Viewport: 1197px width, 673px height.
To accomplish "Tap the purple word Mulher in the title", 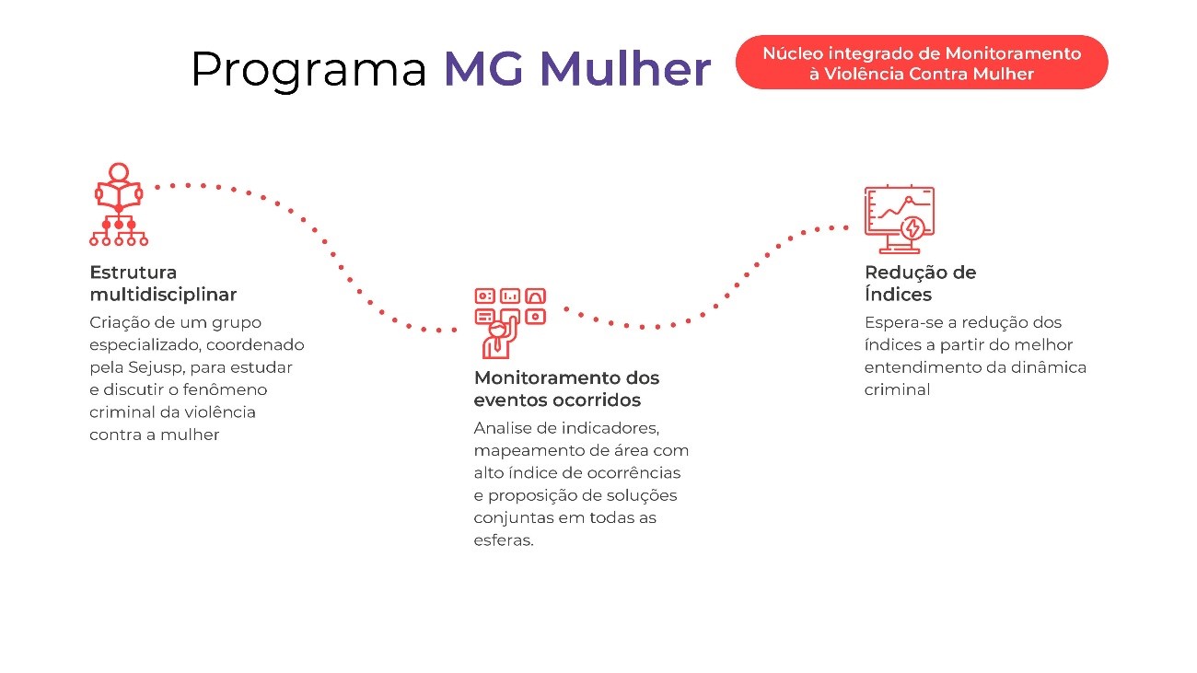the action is (625, 68).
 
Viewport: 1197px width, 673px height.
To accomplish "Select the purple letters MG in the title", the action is (483, 68).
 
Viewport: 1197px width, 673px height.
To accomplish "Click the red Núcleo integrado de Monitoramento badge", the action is (922, 63).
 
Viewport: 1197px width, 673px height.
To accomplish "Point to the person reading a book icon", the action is (119, 204).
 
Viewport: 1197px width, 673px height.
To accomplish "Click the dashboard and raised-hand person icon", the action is (510, 323).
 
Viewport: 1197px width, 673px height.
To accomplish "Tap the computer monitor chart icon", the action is (900, 219).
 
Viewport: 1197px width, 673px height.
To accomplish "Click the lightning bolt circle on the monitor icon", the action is (912, 228).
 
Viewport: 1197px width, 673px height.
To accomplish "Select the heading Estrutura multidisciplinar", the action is (163, 283).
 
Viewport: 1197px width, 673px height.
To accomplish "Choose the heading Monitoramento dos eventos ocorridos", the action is (566, 389).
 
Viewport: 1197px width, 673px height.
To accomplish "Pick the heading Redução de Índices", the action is (920, 283).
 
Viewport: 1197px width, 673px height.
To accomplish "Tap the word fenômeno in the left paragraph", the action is (225, 389).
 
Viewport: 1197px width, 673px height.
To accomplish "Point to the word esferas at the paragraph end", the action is (504, 540).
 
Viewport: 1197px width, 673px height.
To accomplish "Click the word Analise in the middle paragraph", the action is (502, 428).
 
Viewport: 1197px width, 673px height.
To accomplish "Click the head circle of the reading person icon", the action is (119, 172).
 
